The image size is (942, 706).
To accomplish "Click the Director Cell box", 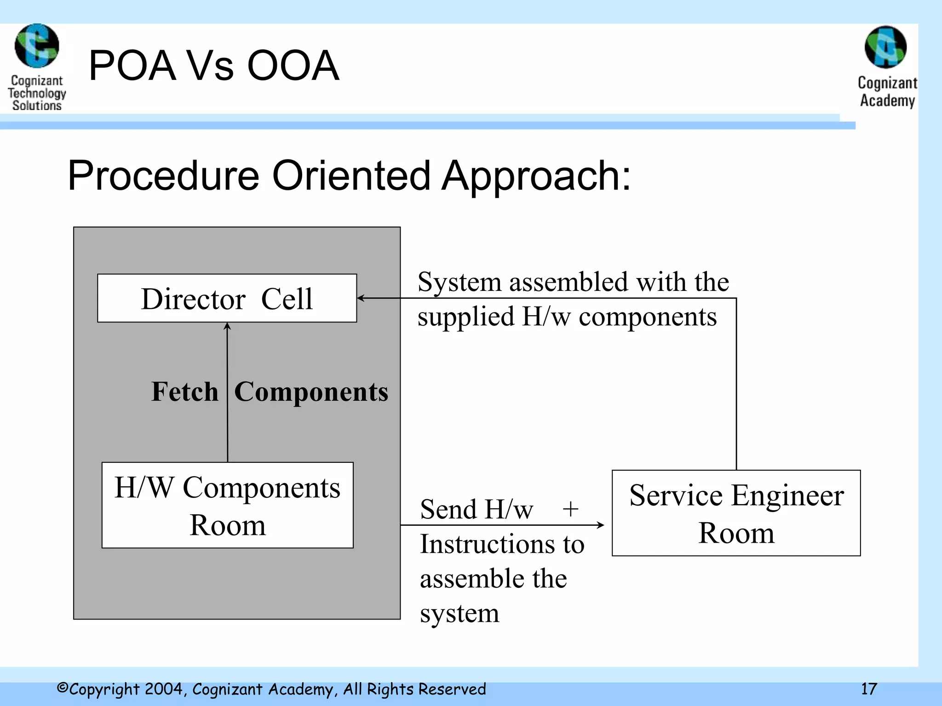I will [x=227, y=298].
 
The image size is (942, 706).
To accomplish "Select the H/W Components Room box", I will [x=227, y=505].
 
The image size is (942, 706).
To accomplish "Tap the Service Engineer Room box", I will [x=736, y=513].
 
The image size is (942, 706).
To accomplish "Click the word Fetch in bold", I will [x=185, y=392].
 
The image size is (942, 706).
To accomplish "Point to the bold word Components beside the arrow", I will [x=311, y=392].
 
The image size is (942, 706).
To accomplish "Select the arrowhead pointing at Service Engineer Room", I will [x=600, y=525].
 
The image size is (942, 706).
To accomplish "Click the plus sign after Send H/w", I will [x=570, y=509].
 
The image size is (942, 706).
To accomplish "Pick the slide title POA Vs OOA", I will [x=213, y=65].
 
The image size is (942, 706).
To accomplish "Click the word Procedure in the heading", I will [x=163, y=176].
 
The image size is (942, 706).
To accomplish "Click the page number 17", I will [x=869, y=689].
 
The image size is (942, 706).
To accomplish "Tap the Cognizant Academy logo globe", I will [x=885, y=47].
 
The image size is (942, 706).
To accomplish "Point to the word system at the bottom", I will [x=459, y=614].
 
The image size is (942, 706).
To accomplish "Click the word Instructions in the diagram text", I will [x=488, y=544].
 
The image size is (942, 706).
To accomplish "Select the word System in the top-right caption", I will [x=459, y=282].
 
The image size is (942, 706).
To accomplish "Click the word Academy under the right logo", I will [x=887, y=101].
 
